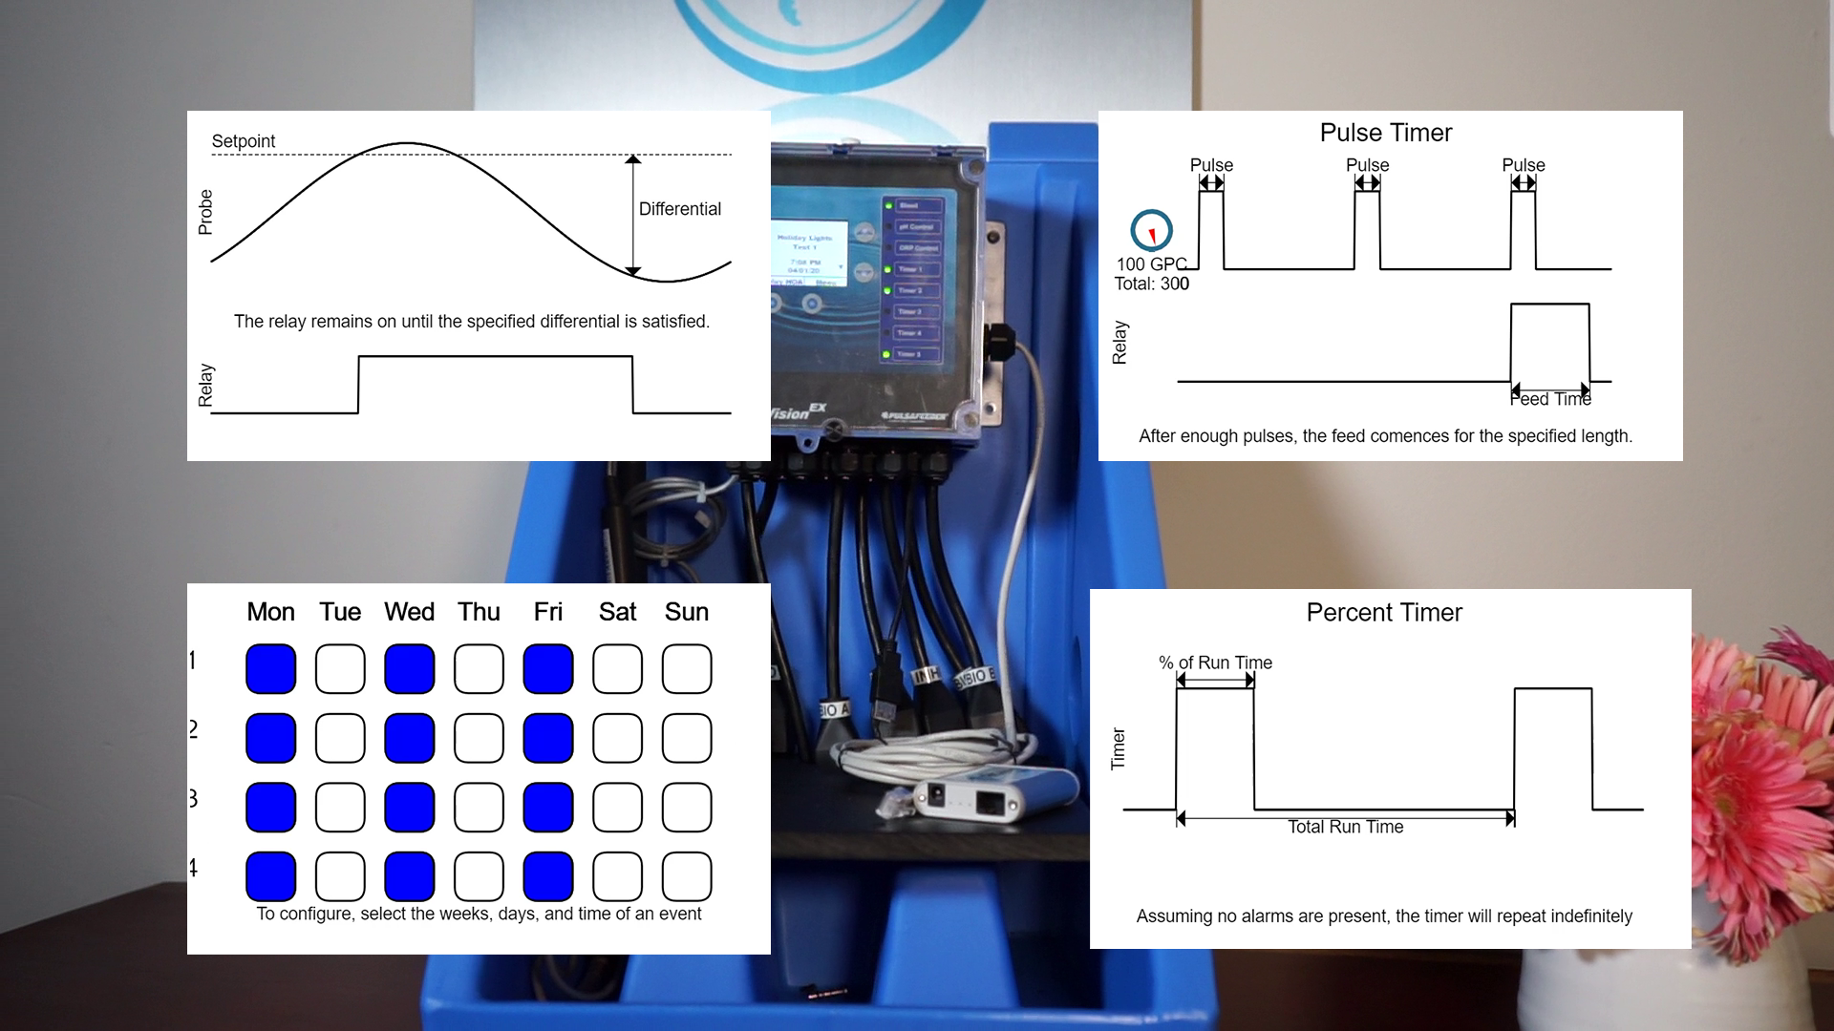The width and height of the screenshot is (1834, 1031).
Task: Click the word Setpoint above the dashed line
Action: coord(243,141)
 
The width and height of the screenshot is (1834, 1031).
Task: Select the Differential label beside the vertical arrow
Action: coord(679,209)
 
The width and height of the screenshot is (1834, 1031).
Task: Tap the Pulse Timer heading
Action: coord(1385,133)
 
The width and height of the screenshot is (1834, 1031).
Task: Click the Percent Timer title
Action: coord(1383,613)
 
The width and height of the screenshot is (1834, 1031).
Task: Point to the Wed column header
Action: coord(409,612)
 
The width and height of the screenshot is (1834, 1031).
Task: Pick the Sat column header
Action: coord(617,612)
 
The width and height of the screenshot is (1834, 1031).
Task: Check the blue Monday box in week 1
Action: coord(270,668)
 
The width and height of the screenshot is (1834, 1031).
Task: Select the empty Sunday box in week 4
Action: coord(687,876)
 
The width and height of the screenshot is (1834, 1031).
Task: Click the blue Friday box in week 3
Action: coord(548,807)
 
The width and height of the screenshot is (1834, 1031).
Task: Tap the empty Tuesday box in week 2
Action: coord(340,738)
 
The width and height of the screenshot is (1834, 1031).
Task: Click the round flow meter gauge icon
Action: coord(1151,230)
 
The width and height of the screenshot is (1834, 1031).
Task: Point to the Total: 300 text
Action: coord(1151,284)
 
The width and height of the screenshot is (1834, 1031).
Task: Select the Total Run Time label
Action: coord(1345,827)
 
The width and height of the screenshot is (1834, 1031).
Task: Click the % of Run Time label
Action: coord(1215,663)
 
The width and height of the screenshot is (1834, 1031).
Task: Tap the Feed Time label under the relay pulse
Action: coord(1550,399)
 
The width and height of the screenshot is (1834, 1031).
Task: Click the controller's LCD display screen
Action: coord(808,247)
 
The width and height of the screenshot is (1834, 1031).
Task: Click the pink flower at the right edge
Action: coord(1767,764)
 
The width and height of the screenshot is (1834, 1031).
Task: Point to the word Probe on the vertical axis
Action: coord(205,212)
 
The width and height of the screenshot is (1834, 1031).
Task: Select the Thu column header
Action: coord(479,612)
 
